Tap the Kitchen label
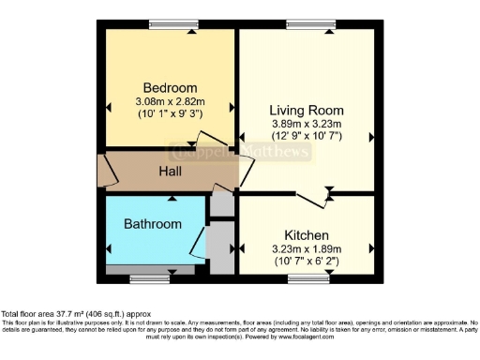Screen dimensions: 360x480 click(306, 234)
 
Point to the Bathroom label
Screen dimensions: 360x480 click(152, 224)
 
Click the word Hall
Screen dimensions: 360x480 click(170, 172)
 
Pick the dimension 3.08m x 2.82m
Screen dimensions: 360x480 click(170, 100)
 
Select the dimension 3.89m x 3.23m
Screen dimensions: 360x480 click(306, 123)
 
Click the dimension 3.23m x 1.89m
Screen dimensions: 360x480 click(306, 248)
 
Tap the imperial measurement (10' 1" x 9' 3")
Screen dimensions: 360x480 click(170, 113)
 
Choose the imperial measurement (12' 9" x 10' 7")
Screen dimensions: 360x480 click(306, 136)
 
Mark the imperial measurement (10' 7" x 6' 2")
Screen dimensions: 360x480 click(306, 262)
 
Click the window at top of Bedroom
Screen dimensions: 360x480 click(167, 24)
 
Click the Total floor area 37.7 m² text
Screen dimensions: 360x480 click(75, 314)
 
